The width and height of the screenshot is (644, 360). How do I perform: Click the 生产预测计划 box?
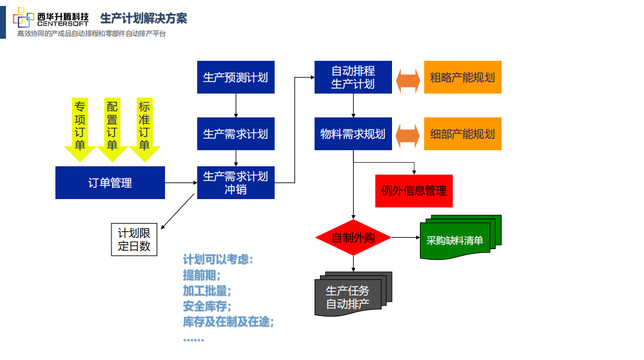point(236,77)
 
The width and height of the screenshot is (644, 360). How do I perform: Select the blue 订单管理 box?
point(110,182)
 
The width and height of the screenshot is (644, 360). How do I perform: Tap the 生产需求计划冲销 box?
point(236,182)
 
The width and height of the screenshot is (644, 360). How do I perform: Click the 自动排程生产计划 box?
point(353,77)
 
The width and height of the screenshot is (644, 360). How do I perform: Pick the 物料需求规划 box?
point(353,134)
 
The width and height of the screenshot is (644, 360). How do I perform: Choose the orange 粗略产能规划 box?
point(463,77)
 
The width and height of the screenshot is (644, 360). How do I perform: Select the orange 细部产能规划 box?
point(463,134)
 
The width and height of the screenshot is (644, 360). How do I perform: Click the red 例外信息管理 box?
point(414,191)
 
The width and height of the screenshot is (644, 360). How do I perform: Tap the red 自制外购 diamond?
point(353,237)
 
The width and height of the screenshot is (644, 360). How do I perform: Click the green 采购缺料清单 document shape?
point(458,240)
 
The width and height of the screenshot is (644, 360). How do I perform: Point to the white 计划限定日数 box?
point(134,239)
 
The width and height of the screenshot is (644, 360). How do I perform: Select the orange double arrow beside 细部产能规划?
point(408,135)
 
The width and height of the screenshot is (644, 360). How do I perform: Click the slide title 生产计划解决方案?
point(144,18)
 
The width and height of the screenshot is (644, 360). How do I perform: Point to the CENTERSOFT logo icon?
point(23,18)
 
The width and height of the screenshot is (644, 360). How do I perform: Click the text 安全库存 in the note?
point(206,306)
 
